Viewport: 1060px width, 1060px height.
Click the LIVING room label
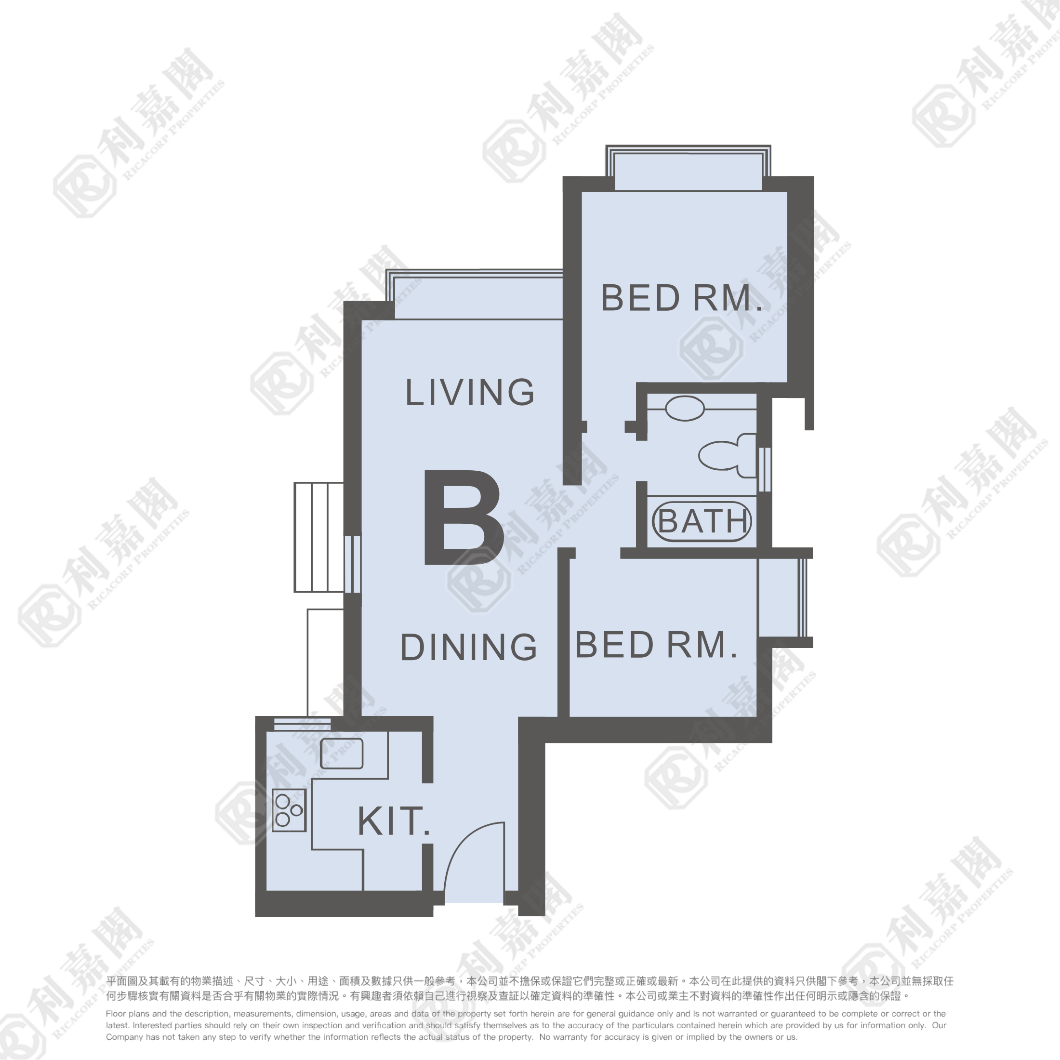coord(470,392)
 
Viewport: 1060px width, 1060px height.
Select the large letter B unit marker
coord(464,517)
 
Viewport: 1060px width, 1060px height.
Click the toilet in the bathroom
coord(728,455)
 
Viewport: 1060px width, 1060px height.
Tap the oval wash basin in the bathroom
coord(684,409)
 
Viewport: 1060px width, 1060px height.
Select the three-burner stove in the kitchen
coord(289,810)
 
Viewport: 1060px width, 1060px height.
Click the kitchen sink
coord(341,753)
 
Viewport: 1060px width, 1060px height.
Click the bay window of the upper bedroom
coord(688,168)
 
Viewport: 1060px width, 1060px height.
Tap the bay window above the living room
coord(475,294)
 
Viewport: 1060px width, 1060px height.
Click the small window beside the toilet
coord(764,470)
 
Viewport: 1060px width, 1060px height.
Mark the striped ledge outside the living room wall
coord(319,537)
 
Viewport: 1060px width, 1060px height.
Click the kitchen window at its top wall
coord(302,724)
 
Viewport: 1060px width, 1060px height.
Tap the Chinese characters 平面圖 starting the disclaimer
coord(122,981)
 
